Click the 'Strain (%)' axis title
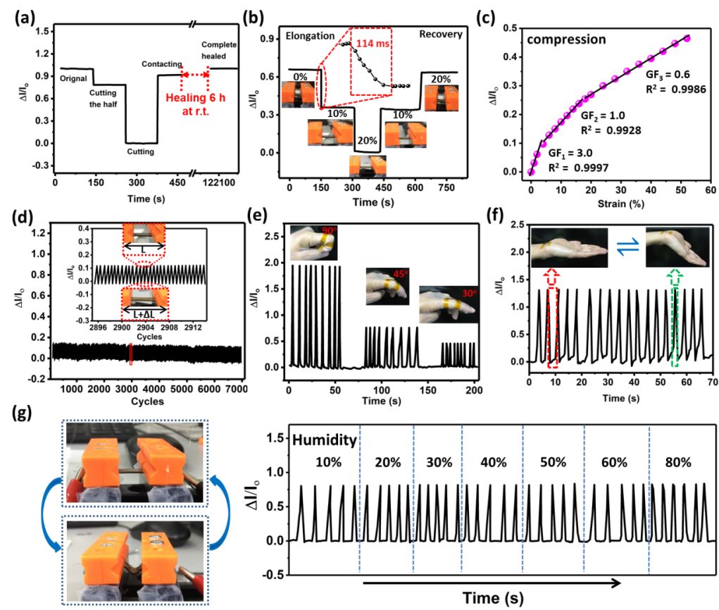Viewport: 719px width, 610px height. (x=620, y=204)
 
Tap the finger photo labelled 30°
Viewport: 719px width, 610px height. (x=444, y=306)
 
